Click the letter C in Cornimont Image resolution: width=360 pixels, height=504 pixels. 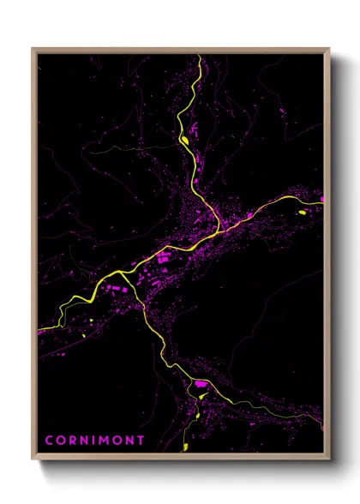[x=48, y=441]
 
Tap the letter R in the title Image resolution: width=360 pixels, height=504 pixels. [x=75, y=441]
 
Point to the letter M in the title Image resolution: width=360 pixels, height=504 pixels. [x=110, y=441]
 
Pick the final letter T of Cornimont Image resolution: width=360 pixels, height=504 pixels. [x=141, y=441]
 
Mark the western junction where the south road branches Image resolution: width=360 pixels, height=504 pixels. [x=125, y=277]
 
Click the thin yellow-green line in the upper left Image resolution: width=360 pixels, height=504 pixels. [x=103, y=151]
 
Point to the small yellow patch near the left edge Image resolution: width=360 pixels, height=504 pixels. [x=89, y=321]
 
